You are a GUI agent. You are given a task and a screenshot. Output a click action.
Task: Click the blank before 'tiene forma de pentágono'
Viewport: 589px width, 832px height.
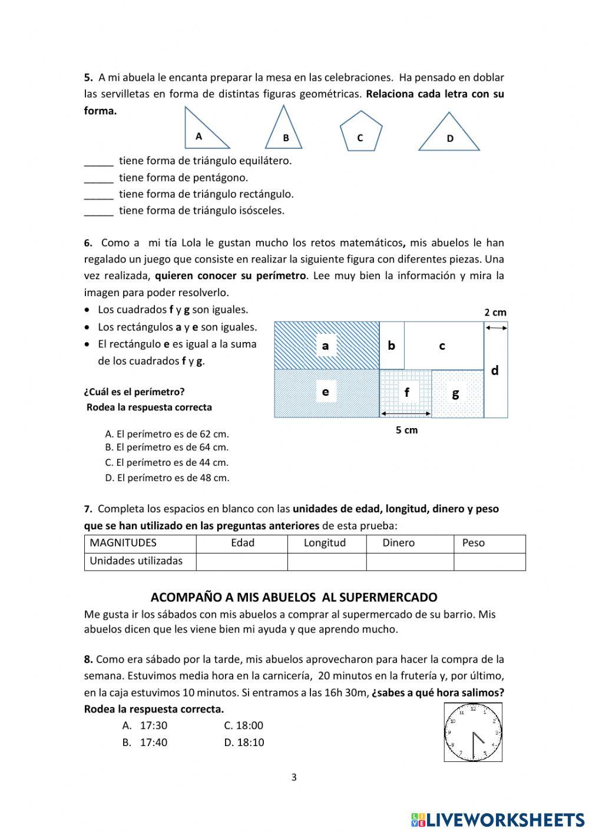98,178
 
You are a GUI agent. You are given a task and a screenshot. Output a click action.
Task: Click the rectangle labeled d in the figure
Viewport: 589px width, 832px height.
495,370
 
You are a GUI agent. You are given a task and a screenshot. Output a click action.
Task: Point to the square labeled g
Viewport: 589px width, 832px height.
457,393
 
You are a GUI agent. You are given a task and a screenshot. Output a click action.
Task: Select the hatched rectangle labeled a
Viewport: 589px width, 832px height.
326,346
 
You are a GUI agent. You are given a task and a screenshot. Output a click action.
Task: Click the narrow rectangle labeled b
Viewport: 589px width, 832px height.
392,346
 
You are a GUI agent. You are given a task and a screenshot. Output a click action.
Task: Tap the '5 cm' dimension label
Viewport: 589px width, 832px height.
406,430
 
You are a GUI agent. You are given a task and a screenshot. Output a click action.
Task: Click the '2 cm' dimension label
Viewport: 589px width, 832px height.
495,313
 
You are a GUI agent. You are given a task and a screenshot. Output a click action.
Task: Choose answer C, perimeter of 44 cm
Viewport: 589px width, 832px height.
167,463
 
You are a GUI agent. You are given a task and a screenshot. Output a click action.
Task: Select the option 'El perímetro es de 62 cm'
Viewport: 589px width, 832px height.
167,434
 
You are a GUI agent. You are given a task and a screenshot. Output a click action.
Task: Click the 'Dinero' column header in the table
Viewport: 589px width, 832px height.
398,543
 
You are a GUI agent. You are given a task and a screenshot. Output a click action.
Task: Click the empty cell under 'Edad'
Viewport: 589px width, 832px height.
241,561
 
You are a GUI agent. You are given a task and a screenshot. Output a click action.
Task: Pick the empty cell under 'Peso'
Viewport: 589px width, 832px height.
489,561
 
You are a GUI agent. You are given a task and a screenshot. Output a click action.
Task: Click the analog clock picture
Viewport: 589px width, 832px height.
473,732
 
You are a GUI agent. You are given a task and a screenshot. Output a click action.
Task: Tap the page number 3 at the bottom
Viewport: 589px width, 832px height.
294,777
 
